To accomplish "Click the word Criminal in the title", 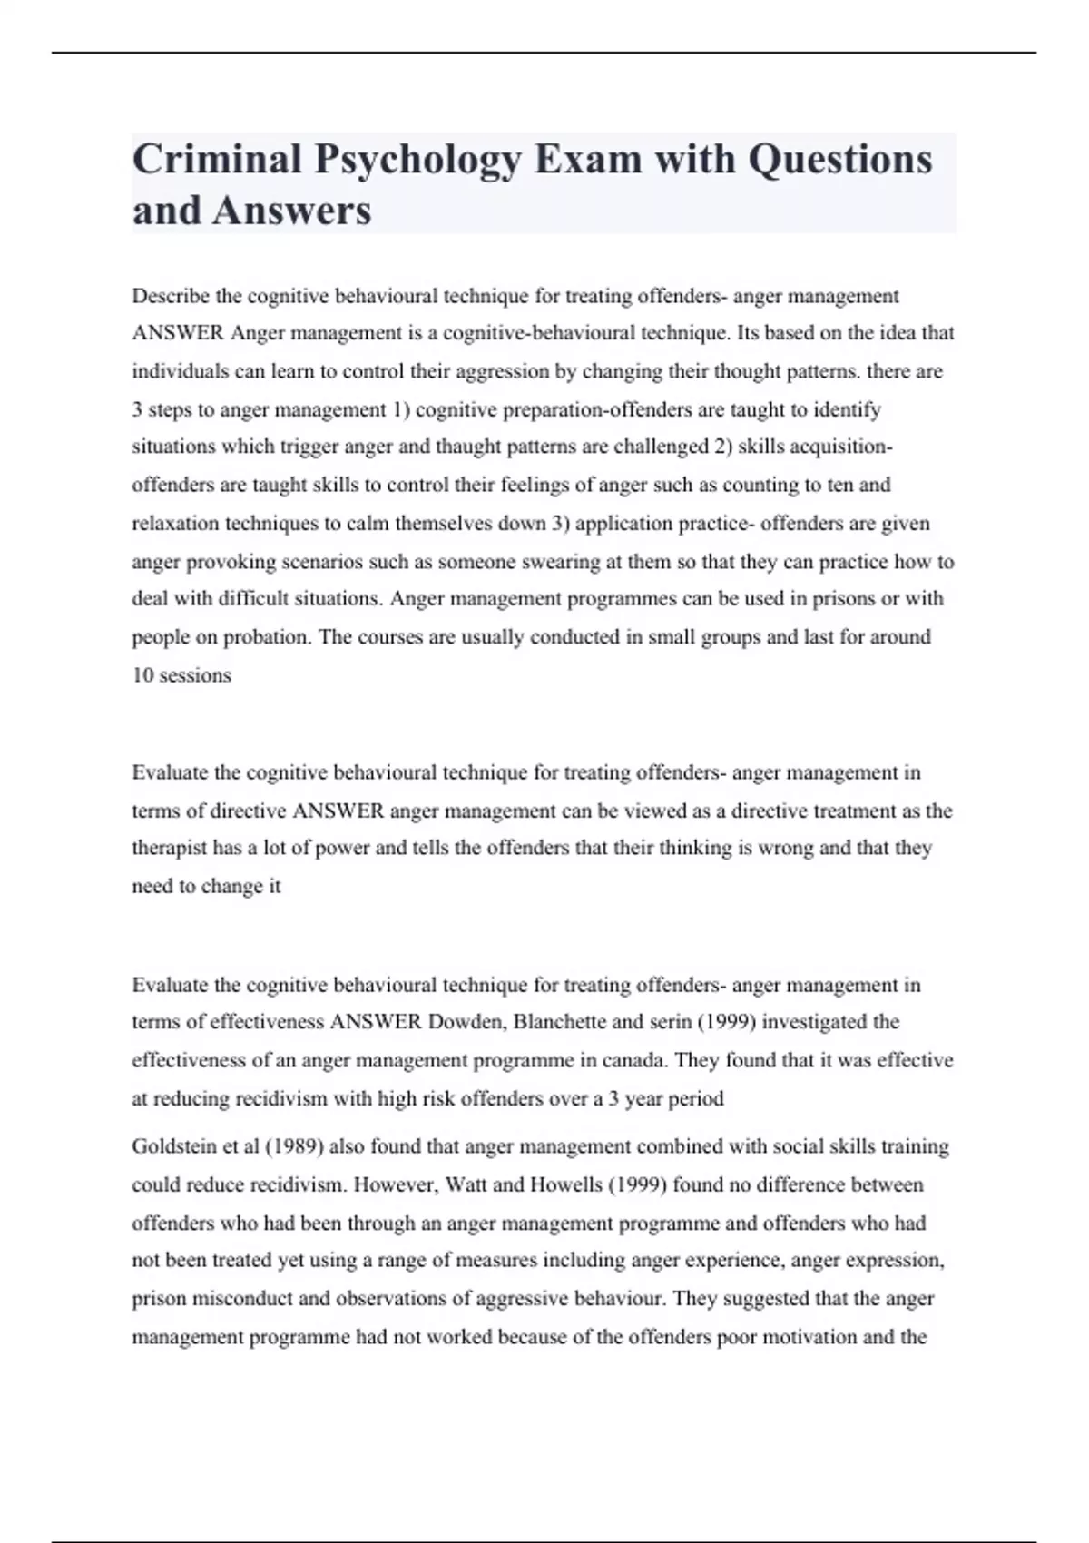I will coord(217,160).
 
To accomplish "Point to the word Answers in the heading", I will coord(291,211).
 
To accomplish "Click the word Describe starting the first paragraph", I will coord(171,296).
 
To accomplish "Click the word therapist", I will coord(170,848).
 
